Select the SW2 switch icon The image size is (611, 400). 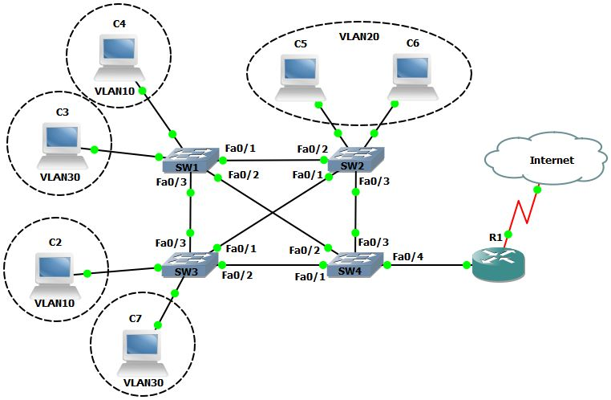click(x=357, y=158)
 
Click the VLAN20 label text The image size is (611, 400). click(x=359, y=37)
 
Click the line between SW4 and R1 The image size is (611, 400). click(x=425, y=264)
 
